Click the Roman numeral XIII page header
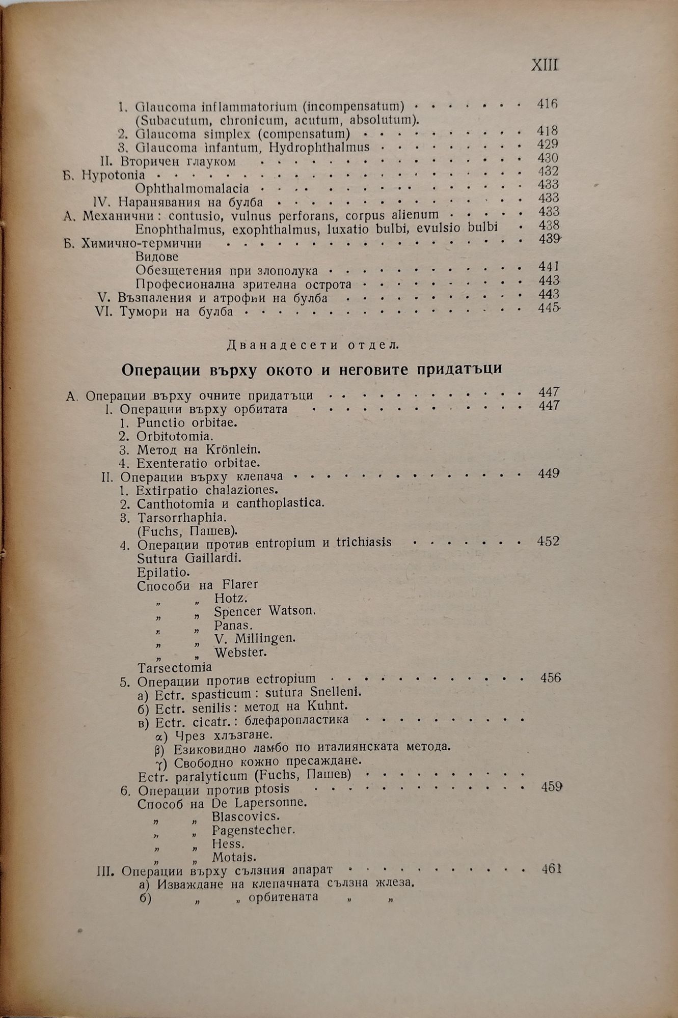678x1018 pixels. tap(545, 66)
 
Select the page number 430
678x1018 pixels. tap(548, 158)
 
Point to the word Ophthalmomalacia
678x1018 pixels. tap(192, 188)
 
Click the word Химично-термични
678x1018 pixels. tap(141, 243)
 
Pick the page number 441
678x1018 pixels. tap(548, 266)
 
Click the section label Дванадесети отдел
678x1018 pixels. tap(313, 345)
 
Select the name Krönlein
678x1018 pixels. tap(234, 450)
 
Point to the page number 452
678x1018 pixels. tap(548, 541)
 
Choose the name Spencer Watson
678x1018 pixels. tap(265, 611)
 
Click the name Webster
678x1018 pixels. tap(240, 652)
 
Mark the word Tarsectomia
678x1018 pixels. tap(175, 666)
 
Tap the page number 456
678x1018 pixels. tap(550, 678)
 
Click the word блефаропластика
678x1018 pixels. tap(296, 720)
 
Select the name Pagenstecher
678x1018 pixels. tap(253, 830)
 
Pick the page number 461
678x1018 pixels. tap(551, 869)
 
